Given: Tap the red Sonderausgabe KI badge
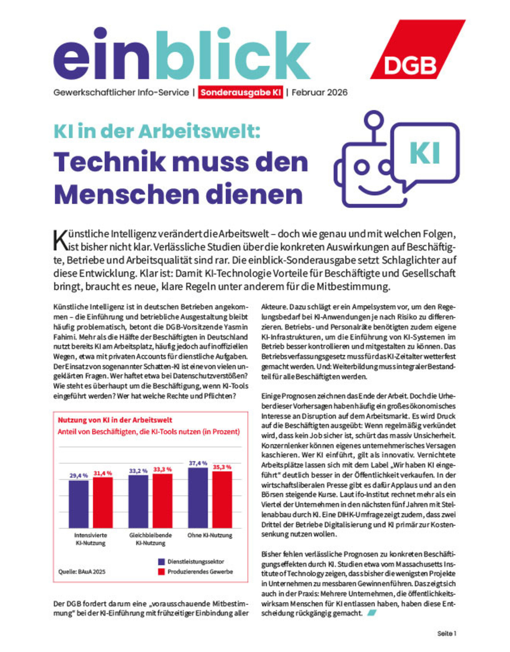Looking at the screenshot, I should click(x=240, y=92).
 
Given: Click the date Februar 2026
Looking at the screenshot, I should click(x=319, y=92).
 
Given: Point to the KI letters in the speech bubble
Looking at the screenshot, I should click(x=425, y=153).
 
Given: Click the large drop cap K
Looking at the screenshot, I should click(x=60, y=240).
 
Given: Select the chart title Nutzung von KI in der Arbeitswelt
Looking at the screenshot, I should click(x=115, y=420).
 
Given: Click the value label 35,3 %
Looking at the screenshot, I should click(x=222, y=467).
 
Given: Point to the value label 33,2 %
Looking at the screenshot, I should click(x=138, y=471).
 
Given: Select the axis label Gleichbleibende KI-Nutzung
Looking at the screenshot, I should click(x=150, y=539).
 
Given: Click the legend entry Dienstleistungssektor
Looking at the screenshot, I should click(x=196, y=562).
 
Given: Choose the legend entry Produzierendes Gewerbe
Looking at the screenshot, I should click(x=200, y=572).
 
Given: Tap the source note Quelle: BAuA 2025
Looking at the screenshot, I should click(x=82, y=572).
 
